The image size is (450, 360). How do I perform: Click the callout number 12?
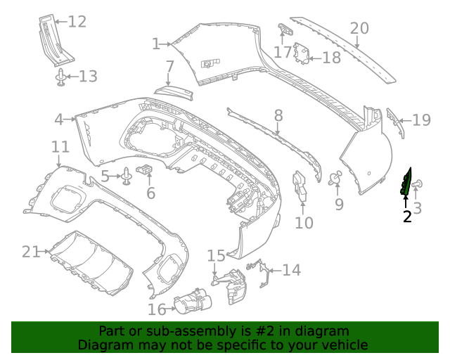pos(77,22)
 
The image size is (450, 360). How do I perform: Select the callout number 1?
pos(155,44)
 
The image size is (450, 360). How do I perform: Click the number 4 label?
pos(59,120)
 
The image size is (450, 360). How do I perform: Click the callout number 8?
pos(278,115)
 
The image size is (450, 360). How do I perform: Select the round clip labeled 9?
pos(335,179)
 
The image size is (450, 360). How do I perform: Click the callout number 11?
pos(60,147)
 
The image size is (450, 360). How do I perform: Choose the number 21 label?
pos(32,251)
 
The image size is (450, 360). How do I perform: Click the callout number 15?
pos(215,255)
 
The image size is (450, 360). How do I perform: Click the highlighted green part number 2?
pos(406,182)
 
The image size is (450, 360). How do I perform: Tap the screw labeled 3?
pos(418,185)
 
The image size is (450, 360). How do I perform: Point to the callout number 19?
pos(421,120)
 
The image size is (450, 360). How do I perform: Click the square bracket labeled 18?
pos(302,53)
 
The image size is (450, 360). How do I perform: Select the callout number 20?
pos(359,28)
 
